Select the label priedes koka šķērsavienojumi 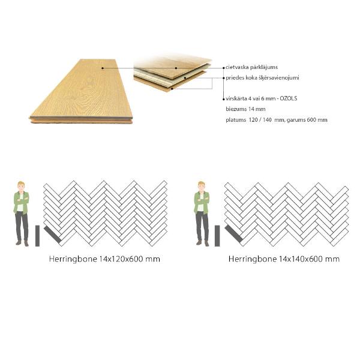click(263, 78)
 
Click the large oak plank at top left click(81, 90)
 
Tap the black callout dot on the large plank click(103, 68)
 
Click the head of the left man click(22, 185)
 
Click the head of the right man click(202, 185)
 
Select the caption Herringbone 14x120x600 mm click(104, 259)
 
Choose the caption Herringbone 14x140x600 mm click(284, 259)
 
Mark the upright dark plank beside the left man click(38, 236)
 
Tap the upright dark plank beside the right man click(217, 236)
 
